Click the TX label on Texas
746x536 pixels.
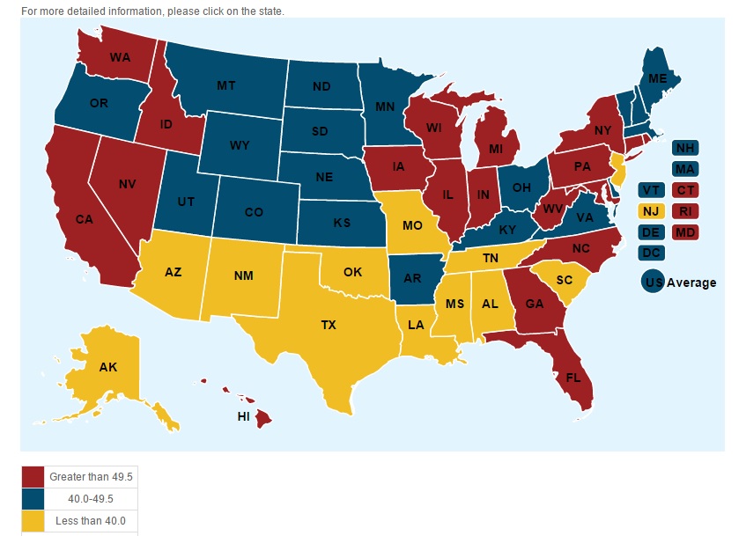[329, 325]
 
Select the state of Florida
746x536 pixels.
[573, 378]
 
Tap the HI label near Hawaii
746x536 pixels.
[245, 416]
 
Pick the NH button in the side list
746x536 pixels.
[685, 148]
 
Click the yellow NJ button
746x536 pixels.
[652, 211]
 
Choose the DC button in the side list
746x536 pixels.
[652, 253]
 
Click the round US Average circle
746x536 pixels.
[653, 283]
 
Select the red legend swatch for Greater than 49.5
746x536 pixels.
[33, 477]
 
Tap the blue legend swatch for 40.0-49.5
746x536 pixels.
[33, 499]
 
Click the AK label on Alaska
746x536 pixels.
[108, 367]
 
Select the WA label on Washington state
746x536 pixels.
[121, 57]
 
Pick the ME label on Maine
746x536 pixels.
[657, 78]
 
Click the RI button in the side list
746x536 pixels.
[685, 211]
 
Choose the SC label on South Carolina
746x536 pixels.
[564, 279]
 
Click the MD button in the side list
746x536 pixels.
[685, 232]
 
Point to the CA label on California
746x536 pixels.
[84, 219]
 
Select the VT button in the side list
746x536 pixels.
[652, 190]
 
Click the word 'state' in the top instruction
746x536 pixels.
[270, 11]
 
